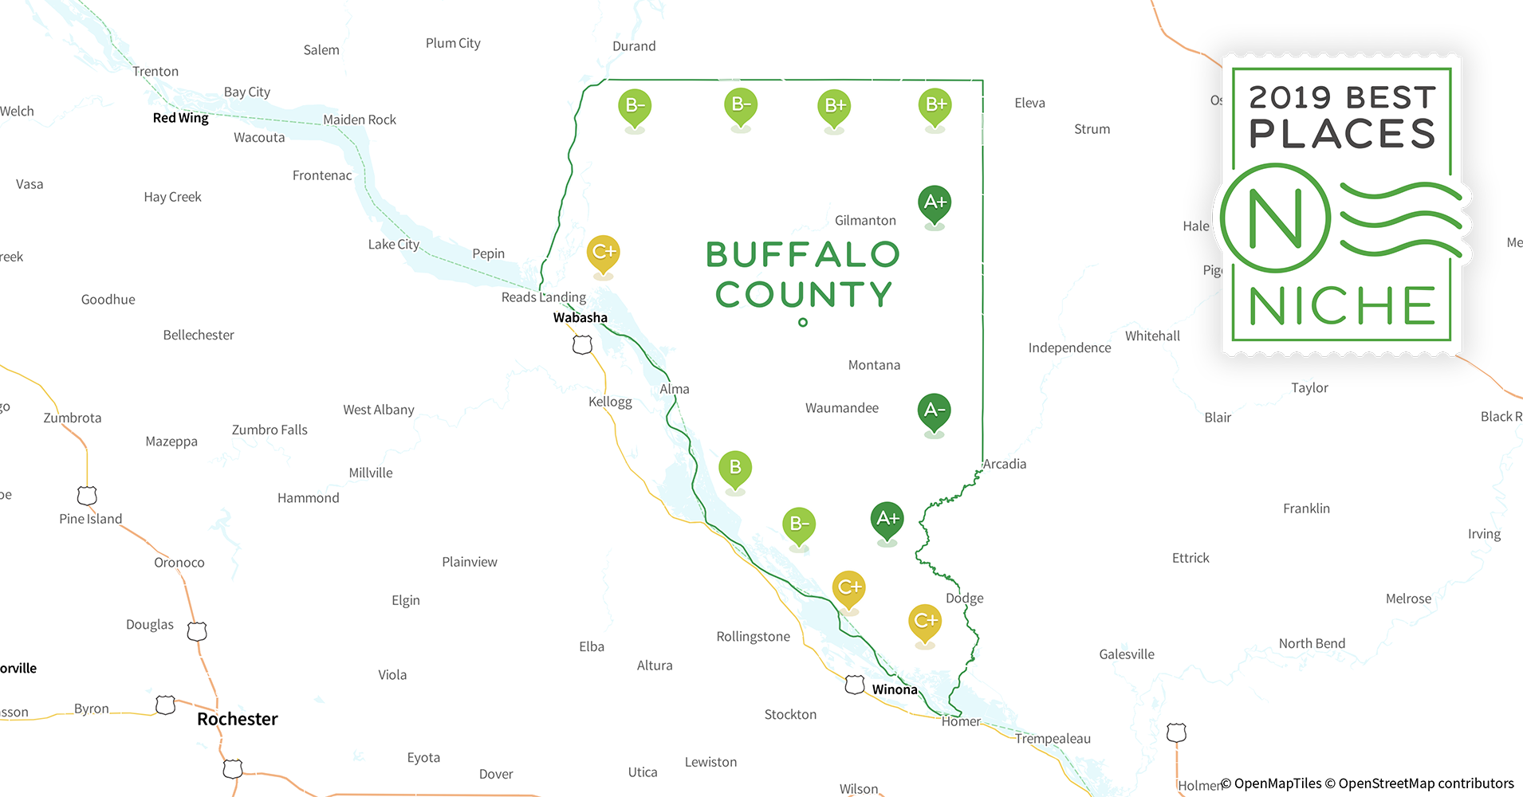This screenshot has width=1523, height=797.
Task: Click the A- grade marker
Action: (x=934, y=411)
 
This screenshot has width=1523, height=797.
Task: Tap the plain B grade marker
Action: (x=735, y=469)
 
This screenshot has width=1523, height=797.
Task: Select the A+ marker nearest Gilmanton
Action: (x=935, y=203)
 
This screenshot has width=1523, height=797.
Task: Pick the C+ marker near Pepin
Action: (x=604, y=253)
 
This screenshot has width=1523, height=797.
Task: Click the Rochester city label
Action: (x=237, y=719)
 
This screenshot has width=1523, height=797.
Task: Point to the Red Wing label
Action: (x=180, y=118)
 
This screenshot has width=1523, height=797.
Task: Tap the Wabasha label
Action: (x=580, y=317)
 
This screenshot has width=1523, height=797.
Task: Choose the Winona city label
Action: (x=894, y=689)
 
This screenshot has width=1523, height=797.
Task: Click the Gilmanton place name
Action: (x=865, y=221)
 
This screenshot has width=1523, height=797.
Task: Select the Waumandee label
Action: (x=841, y=408)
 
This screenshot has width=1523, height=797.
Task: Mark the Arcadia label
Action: (x=1005, y=464)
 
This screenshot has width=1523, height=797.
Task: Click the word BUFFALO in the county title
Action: (x=802, y=255)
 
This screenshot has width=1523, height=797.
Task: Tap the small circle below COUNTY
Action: (x=803, y=323)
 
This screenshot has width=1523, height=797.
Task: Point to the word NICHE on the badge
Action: (x=1342, y=306)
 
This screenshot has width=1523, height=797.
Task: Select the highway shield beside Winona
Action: (x=855, y=685)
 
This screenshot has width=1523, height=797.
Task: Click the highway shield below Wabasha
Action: (x=582, y=345)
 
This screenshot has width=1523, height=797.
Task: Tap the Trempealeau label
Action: (x=1053, y=739)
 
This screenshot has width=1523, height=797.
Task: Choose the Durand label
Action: (x=634, y=46)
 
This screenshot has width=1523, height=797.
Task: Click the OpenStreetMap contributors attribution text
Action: (x=1426, y=783)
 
